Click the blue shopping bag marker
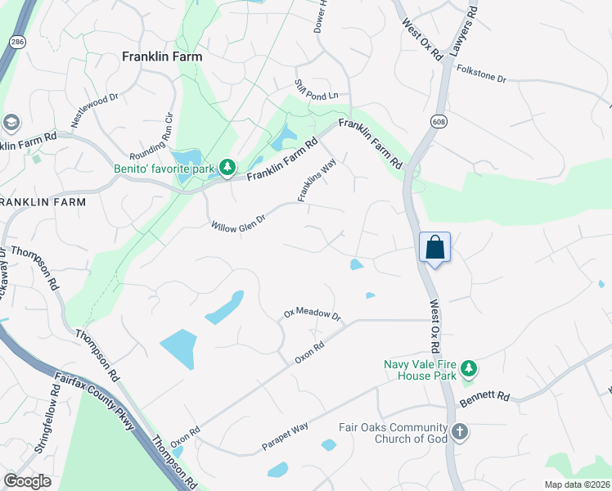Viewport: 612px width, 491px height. pos(435,246)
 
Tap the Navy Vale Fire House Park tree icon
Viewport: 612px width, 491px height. pos(468,368)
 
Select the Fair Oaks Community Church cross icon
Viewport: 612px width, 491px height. pos(460,431)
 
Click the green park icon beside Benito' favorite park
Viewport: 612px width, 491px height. pos(227,169)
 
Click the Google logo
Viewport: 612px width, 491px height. pos(27,481)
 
